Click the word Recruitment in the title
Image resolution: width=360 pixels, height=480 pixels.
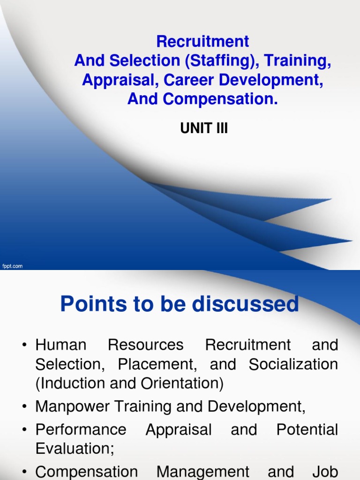[202, 42]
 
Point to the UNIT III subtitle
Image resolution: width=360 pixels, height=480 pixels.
[204, 128]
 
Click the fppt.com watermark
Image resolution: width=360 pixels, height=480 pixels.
[12, 266]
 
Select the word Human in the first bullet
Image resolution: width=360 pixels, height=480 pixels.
[61, 345]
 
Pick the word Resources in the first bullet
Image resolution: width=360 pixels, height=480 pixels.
[146, 345]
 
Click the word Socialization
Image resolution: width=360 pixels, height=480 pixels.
[293, 364]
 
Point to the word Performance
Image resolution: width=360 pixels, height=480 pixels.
[81, 429]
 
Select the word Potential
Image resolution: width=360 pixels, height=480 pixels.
[307, 429]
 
